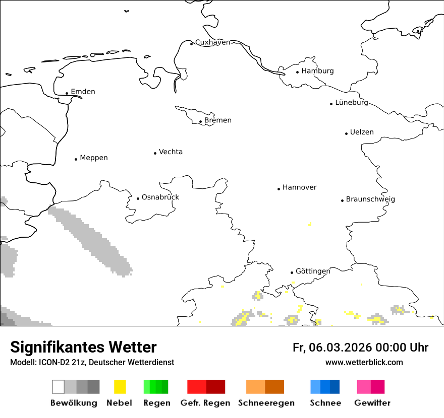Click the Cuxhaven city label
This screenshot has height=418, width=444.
click(212, 42)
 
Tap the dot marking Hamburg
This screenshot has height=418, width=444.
click(298, 72)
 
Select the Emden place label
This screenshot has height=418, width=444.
click(83, 92)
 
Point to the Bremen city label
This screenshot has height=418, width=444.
click(218, 120)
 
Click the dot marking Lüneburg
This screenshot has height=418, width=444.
click(331, 104)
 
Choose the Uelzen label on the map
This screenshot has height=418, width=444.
click(362, 132)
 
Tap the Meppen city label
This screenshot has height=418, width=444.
click(94, 158)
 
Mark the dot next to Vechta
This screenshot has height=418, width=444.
click(155, 153)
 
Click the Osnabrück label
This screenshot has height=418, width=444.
click(160, 197)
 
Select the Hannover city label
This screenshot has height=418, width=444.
click(300, 187)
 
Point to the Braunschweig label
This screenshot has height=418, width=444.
click(370, 199)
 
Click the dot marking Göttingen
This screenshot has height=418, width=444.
click(292, 272)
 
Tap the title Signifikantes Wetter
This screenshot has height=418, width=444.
click(83, 347)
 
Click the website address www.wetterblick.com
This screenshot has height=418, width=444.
click(364, 363)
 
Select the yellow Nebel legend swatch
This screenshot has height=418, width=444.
click(120, 387)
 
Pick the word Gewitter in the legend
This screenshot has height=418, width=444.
click(372, 403)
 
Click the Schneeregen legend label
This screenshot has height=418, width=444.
click(266, 403)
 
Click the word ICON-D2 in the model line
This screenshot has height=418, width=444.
click(52, 363)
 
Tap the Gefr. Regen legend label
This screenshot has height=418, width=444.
click(205, 403)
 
